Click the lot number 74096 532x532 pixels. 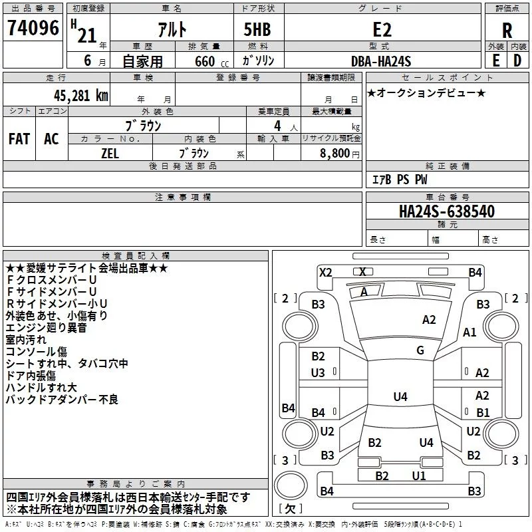[x=33, y=28]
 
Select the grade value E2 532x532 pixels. [x=382, y=29]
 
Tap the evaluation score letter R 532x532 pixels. [x=507, y=31]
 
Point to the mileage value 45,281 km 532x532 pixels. [x=80, y=96]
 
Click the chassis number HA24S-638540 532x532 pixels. [x=447, y=211]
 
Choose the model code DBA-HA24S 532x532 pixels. [x=381, y=61]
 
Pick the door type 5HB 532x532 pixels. [x=257, y=29]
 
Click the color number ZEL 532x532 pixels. [x=110, y=154]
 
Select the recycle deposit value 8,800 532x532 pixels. [x=334, y=154]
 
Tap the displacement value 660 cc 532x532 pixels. [x=212, y=61]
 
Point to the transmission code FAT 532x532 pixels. [x=19, y=139]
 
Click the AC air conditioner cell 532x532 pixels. [x=51, y=139]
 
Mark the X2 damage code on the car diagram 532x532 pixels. [x=325, y=273]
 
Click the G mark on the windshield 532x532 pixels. [x=420, y=350]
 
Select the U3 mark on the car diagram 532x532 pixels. [x=318, y=373]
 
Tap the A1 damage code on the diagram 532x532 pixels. [x=469, y=332]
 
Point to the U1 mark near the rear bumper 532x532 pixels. [x=419, y=475]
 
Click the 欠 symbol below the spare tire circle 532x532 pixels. [x=291, y=509]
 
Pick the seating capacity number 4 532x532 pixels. [x=277, y=126]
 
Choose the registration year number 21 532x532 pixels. [x=87, y=35]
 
